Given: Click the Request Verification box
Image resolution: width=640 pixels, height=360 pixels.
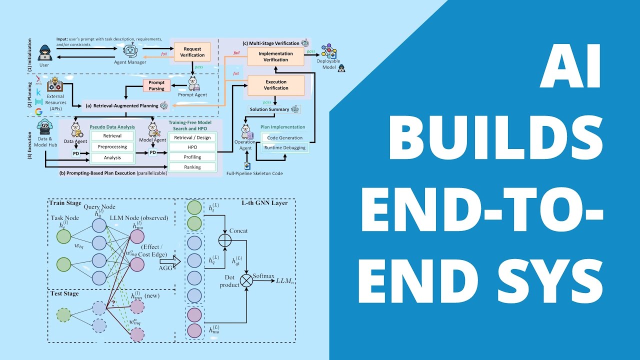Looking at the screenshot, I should pyautogui.click(x=192, y=51).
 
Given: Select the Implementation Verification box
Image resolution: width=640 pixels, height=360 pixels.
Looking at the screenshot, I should pyautogui.click(x=276, y=56).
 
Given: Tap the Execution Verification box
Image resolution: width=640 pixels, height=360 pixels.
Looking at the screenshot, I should pyautogui.click(x=276, y=85).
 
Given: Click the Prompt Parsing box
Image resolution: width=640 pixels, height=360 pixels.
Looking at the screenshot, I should pyautogui.click(x=156, y=86).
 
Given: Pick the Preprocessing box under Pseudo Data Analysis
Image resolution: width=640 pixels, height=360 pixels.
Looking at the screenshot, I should pyautogui.click(x=112, y=147).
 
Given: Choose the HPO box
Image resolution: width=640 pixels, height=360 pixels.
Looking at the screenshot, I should pyautogui.click(x=192, y=147).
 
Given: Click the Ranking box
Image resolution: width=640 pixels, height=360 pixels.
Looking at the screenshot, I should pyautogui.click(x=192, y=167).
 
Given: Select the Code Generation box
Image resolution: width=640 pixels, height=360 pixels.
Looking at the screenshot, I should pyautogui.click(x=285, y=137).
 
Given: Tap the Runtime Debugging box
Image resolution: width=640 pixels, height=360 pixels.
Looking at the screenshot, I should pyautogui.click(x=285, y=147).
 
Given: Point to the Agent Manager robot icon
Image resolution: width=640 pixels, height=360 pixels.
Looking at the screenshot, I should pyautogui.click(x=130, y=51).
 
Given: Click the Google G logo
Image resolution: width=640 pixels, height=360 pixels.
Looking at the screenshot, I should pyautogui.click(x=38, y=112).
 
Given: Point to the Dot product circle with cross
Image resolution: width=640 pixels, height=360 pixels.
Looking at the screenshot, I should pyautogui.click(x=246, y=281).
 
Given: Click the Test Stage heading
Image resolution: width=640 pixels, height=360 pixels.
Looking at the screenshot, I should pyautogui.click(x=64, y=293).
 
